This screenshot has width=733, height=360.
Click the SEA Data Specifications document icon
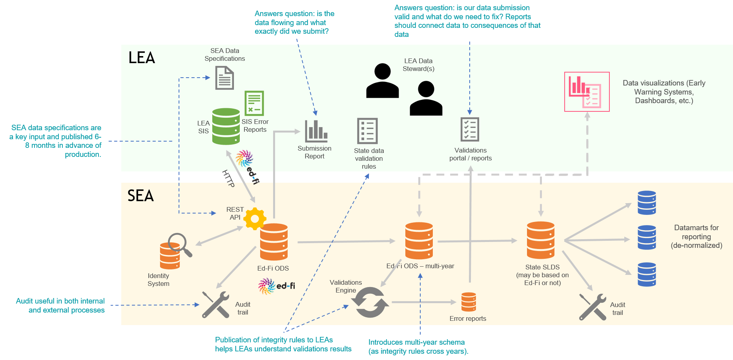pos(224,78)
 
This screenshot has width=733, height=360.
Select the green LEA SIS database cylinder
pos(226,126)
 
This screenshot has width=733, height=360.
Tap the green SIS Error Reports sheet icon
pos(254,103)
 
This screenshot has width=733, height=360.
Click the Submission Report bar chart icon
pos(316,131)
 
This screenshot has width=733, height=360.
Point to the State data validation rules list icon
pos(367,131)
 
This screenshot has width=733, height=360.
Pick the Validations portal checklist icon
pos(470,129)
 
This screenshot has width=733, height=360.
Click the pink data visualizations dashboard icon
pos(587,92)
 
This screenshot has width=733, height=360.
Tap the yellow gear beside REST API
pos(255,218)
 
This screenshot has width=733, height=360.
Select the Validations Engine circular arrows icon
pos(370,302)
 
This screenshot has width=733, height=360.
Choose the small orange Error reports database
pos(469,302)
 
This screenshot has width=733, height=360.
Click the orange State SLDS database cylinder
pos(541,240)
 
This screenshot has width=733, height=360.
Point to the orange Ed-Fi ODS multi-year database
pos(419,240)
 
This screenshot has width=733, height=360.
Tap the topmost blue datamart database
pos(647,203)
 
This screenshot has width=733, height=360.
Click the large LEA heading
pos(142,58)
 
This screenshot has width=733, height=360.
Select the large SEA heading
pos(140,195)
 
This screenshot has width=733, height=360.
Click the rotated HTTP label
pos(228,178)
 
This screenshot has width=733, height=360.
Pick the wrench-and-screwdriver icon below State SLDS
pos(593,307)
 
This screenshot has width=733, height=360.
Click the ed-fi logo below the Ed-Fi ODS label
pos(277,286)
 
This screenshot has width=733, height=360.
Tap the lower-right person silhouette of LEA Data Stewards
pos(426,98)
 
